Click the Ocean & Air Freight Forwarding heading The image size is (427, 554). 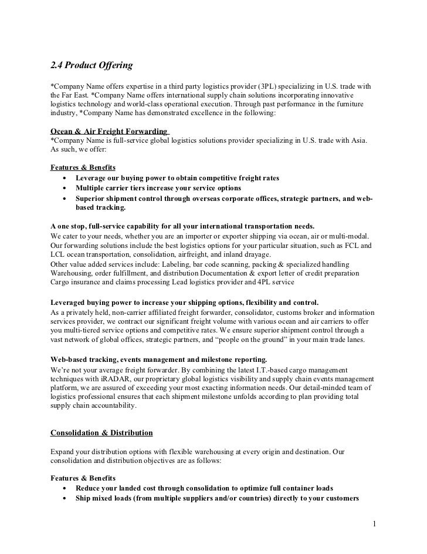point(109,132)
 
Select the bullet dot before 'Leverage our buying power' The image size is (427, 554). point(63,178)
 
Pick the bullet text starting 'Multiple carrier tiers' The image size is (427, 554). point(158,188)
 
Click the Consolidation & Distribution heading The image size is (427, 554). point(101,433)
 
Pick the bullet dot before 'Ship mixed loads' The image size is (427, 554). point(63,499)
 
